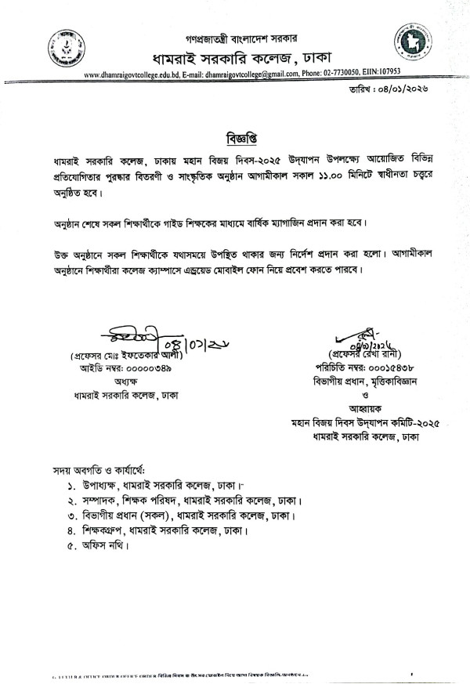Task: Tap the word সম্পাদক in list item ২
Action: [x=99, y=501]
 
